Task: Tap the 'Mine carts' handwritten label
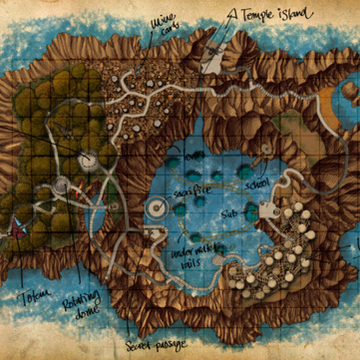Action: [x=163, y=22]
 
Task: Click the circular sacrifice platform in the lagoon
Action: [x=157, y=208]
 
